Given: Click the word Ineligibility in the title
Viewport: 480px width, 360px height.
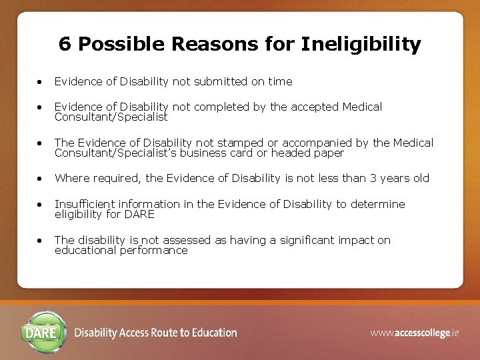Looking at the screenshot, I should point(361,45).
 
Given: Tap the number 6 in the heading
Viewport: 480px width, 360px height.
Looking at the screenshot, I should point(65,44).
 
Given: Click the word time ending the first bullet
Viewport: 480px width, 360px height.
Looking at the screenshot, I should point(280,81).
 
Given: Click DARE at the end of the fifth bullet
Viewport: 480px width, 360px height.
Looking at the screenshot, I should point(140,214).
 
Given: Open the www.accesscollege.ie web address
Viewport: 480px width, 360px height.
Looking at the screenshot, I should point(415,333).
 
